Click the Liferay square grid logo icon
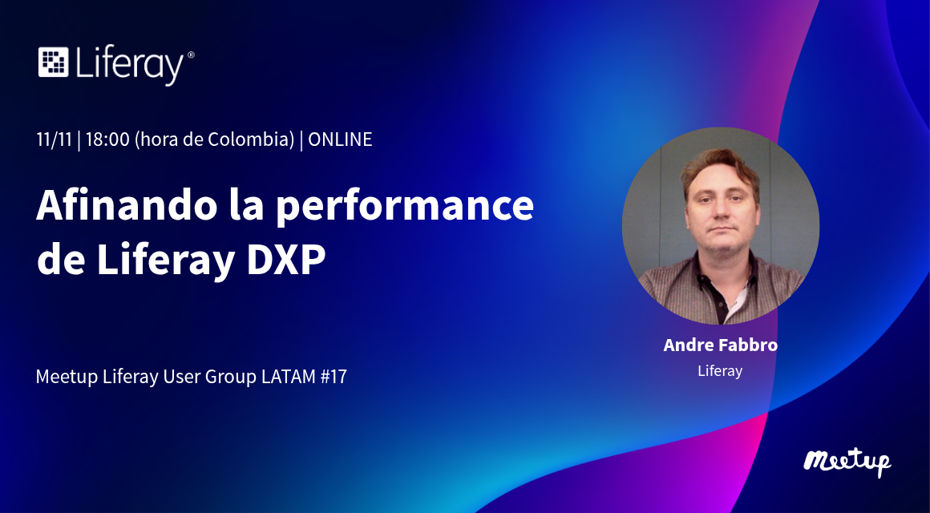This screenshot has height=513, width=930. (54, 62)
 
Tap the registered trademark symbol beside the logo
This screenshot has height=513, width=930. (190, 55)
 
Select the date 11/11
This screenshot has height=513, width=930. (54, 139)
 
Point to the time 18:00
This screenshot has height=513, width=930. (107, 139)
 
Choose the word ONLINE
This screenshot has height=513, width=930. (341, 139)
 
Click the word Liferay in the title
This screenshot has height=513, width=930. (165, 261)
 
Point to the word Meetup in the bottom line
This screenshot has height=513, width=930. (67, 378)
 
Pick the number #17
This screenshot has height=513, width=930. (334, 377)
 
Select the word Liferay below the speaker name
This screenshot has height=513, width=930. (720, 372)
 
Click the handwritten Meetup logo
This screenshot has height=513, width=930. (847, 462)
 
